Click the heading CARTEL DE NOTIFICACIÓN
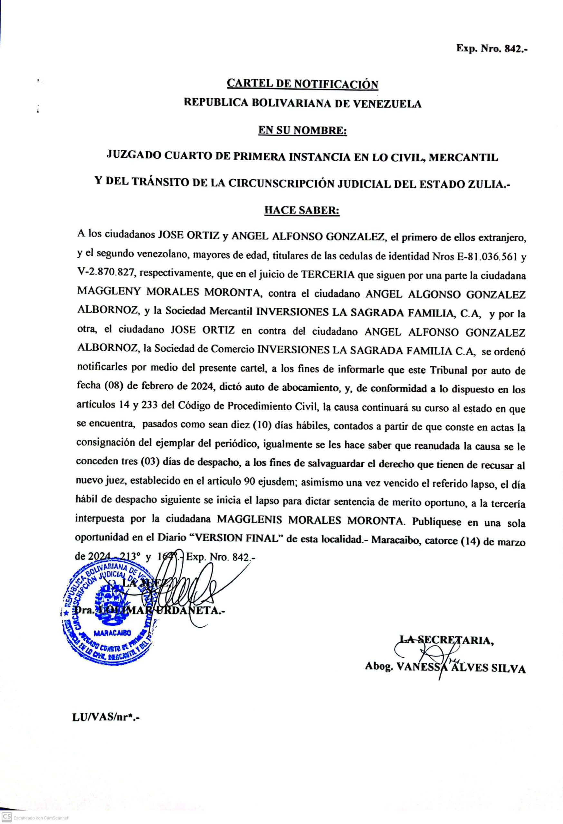(302, 84)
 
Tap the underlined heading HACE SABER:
(302, 210)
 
